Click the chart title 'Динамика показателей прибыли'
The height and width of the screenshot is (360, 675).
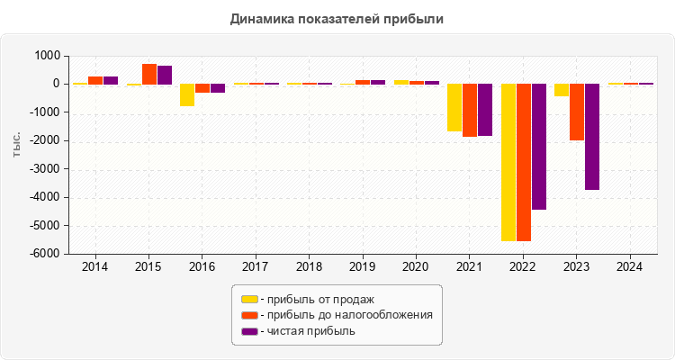[x=337, y=18]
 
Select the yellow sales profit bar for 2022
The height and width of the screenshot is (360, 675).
[x=508, y=162]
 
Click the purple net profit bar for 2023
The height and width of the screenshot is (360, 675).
[x=592, y=137]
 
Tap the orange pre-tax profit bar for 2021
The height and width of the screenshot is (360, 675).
[x=470, y=110]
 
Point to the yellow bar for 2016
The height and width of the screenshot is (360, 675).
[x=187, y=94]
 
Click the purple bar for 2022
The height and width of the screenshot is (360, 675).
[x=539, y=147]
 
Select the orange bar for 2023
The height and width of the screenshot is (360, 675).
[x=577, y=112]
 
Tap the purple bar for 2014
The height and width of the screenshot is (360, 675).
[x=111, y=80]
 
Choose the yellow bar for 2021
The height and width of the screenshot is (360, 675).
[x=454, y=107]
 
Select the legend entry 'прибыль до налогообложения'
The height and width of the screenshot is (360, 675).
[x=346, y=315]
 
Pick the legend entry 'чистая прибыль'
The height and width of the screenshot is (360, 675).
[x=307, y=331]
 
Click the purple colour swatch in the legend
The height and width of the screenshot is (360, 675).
[x=249, y=331]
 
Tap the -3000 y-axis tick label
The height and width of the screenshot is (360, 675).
[x=45, y=169]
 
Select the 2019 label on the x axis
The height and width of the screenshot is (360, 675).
[x=362, y=267]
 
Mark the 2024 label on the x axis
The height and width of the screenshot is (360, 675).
[x=629, y=267]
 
